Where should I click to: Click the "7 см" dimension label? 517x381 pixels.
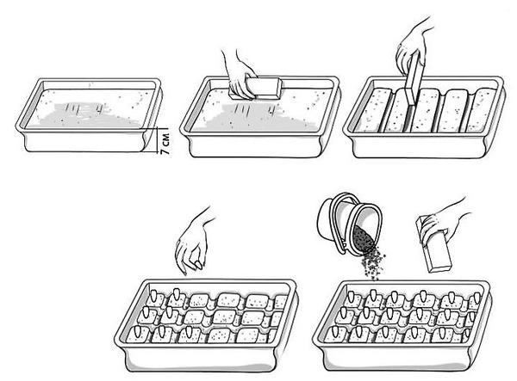pos(165,144)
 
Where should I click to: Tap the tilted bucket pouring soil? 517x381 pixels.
pos(350,224)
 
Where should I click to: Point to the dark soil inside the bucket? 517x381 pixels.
pos(364,237)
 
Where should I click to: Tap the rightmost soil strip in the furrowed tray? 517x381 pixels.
pos(482,110)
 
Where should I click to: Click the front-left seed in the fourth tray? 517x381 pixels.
pos(138,331)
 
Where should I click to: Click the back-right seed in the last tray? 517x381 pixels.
pos(477,297)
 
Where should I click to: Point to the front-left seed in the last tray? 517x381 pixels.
pos(335,331)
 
